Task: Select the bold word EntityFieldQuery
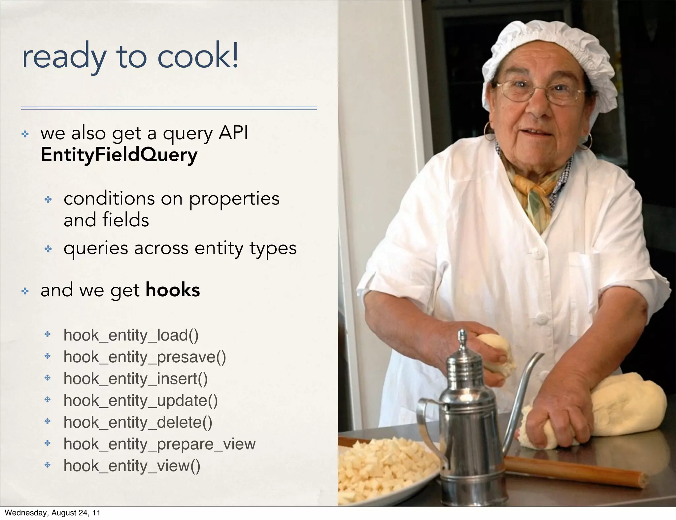[x=119, y=155]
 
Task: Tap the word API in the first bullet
[x=233, y=133]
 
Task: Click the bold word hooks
[x=173, y=290]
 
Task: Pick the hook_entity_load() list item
[x=131, y=335]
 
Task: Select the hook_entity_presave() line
[x=145, y=357]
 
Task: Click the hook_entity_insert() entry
[x=135, y=379]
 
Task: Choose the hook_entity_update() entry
[x=141, y=401]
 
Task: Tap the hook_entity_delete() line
[x=138, y=422]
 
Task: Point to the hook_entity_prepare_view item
[x=159, y=444]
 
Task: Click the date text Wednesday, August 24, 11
[x=52, y=513]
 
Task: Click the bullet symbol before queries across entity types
[x=48, y=249]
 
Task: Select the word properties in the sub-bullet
[x=234, y=199]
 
